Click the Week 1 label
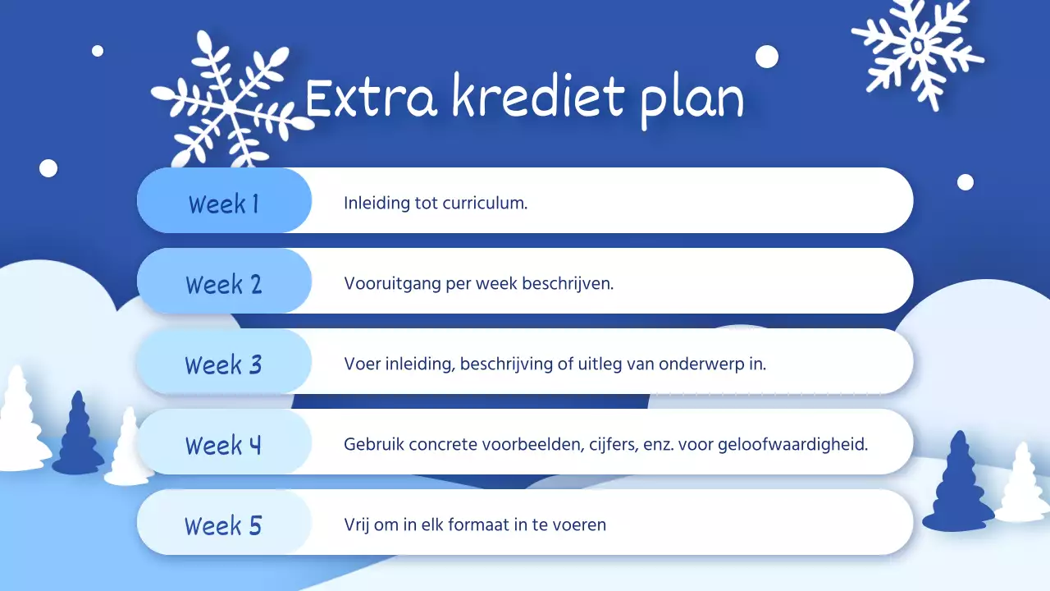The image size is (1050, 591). click(223, 203)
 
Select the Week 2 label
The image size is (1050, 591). click(223, 284)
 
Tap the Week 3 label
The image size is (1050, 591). click(223, 364)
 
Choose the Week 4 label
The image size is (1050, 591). click(223, 445)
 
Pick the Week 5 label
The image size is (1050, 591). click(223, 525)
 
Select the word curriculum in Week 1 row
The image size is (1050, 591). click(485, 203)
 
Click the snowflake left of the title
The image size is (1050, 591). click(230, 103)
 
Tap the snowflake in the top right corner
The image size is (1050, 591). click(917, 45)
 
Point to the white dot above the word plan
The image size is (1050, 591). click(766, 57)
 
